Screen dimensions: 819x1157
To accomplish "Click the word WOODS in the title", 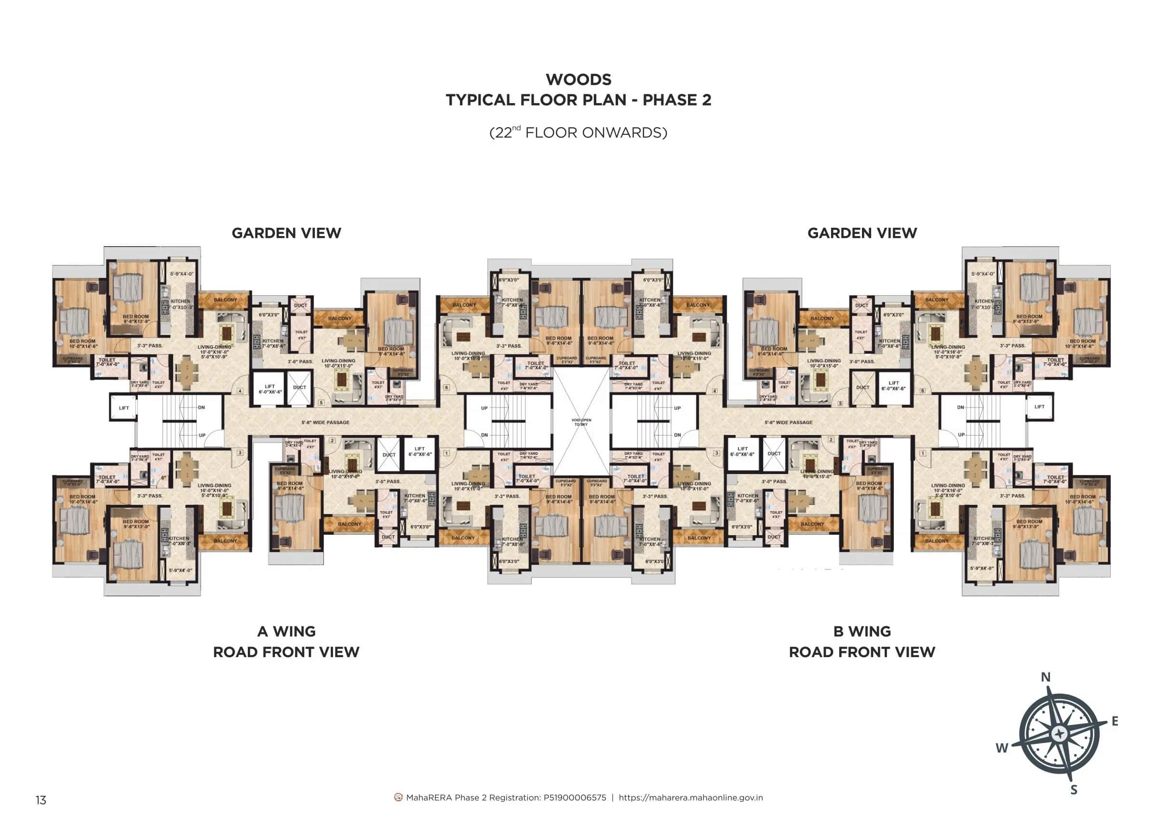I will coord(578,79).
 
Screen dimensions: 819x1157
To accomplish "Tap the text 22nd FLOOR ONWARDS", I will coord(578,132).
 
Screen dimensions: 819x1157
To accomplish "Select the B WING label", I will coord(862,632).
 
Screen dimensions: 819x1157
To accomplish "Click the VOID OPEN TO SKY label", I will coord(581,422).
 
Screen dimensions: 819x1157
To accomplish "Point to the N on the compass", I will coord(1046,677).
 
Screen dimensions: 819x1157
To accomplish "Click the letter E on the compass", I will coord(1115,721).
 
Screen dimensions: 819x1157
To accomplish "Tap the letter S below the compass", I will coord(1074,790).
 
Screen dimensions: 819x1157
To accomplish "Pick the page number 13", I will coord(41,800).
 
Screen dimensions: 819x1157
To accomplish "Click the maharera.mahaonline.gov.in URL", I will coord(690,798).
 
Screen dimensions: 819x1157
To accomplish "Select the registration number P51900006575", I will coord(574,798).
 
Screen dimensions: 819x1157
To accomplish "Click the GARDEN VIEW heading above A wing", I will coord(286,233).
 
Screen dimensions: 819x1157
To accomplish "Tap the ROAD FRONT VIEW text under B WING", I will coord(862,652).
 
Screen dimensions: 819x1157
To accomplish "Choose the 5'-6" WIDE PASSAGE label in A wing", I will coord(325,423).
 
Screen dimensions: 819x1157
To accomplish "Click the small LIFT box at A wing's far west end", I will coord(123,408).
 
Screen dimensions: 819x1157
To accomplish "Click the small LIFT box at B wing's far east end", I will coord(1039,407).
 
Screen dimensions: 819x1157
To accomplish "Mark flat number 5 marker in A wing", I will coord(321,403).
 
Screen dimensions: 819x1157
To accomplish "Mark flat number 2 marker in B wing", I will coord(831,440).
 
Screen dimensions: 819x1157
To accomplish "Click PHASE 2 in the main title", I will coord(677,100).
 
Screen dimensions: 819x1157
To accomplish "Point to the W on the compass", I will coord(1002,748).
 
